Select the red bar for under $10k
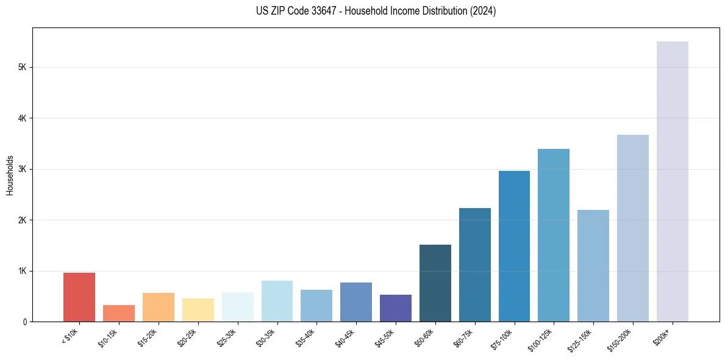pyautogui.click(x=79, y=297)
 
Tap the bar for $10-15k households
pyautogui.click(x=119, y=313)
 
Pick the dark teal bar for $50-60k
pyautogui.click(x=435, y=283)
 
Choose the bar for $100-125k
pyautogui.click(x=554, y=235)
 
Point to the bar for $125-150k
pyautogui.click(x=593, y=265)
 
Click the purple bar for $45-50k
pyautogui.click(x=396, y=308)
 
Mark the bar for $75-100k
pyautogui.click(x=514, y=246)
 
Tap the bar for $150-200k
pyautogui.click(x=633, y=228)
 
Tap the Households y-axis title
pyautogui.click(x=10, y=175)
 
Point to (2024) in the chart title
pyautogui.click(x=482, y=11)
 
